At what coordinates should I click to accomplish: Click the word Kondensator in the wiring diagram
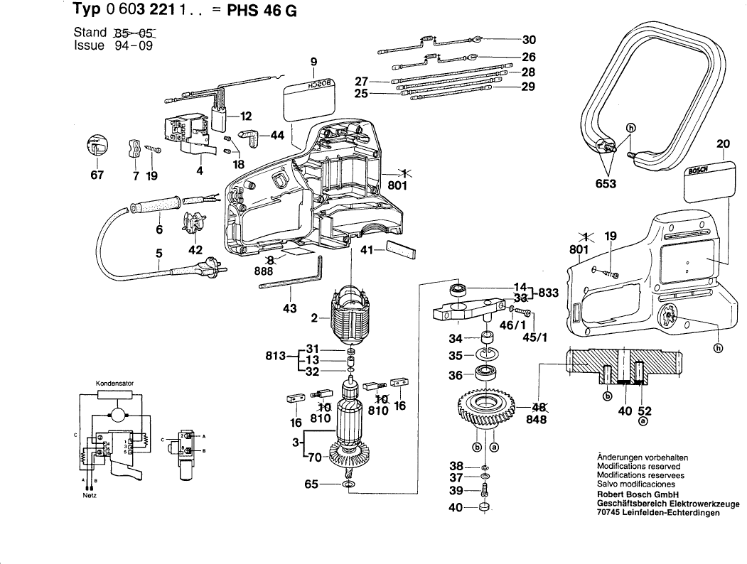[x=114, y=384]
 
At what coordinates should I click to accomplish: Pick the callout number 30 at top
[x=529, y=40]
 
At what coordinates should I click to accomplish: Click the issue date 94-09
[x=131, y=45]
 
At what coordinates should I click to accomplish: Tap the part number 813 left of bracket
[x=273, y=356]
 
